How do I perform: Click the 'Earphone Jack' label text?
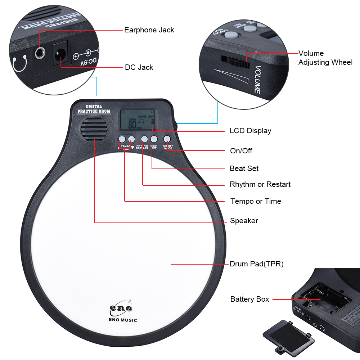tap(149, 30)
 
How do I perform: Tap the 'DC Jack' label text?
tap(139, 67)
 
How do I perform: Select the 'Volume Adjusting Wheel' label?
tap(325, 58)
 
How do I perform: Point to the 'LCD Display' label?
tap(250, 131)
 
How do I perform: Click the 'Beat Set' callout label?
tap(244, 168)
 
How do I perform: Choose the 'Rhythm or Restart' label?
tap(260, 184)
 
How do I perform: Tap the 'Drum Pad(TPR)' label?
tap(257, 264)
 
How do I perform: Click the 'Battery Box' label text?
tap(249, 299)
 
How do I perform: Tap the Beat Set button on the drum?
tap(154, 139)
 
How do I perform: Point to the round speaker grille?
tap(94, 129)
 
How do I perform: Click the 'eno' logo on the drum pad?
tap(121, 308)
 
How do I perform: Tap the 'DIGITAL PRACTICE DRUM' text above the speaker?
tap(94, 109)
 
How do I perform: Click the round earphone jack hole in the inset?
tap(40, 54)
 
